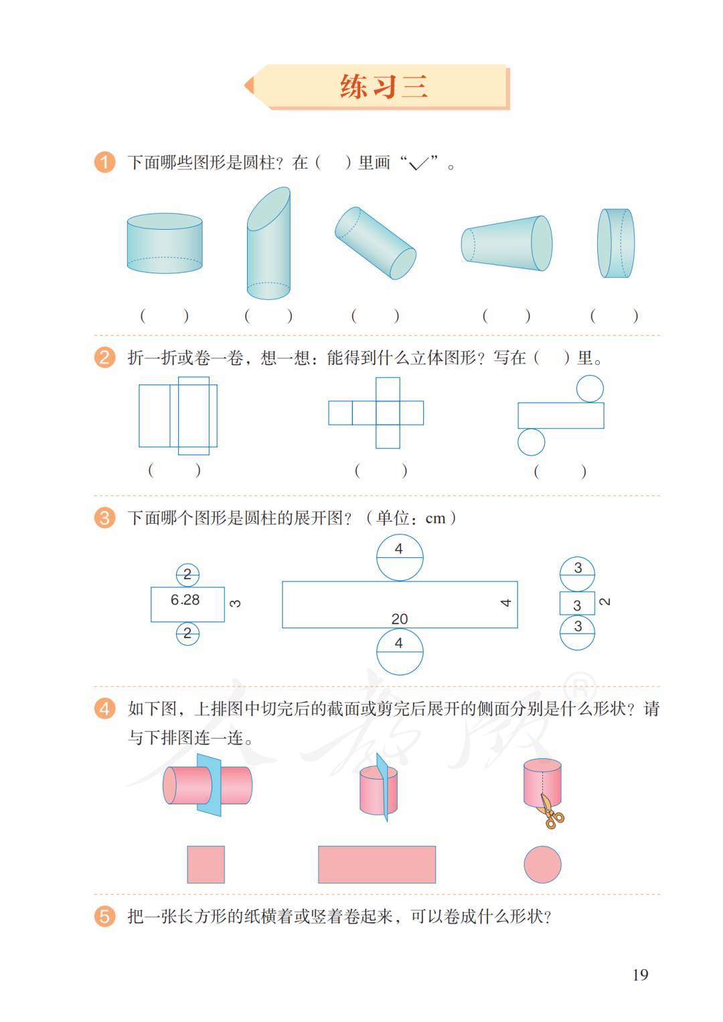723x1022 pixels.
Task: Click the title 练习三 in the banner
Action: [384, 86]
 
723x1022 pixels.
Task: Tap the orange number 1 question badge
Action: [104, 163]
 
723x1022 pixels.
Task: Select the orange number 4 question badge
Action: [104, 709]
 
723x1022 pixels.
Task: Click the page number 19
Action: [640, 974]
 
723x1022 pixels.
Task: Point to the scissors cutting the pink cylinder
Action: [551, 812]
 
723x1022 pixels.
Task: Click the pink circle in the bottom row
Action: [542, 865]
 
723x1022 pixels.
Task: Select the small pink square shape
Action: [206, 865]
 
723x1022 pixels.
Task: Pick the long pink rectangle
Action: [377, 865]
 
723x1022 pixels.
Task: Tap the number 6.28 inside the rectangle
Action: [185, 599]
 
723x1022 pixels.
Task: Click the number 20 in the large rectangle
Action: [400, 619]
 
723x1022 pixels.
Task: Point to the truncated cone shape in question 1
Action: [506, 243]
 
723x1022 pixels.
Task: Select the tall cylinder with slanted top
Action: [268, 243]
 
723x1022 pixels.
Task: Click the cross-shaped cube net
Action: [376, 413]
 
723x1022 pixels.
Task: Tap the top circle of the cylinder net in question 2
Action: [590, 388]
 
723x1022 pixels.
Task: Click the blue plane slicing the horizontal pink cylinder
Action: [209, 785]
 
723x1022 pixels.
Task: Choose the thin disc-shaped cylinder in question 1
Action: [616, 243]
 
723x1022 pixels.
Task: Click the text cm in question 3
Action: [435, 519]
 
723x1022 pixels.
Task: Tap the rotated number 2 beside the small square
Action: [605, 601]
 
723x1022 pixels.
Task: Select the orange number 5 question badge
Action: [104, 916]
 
